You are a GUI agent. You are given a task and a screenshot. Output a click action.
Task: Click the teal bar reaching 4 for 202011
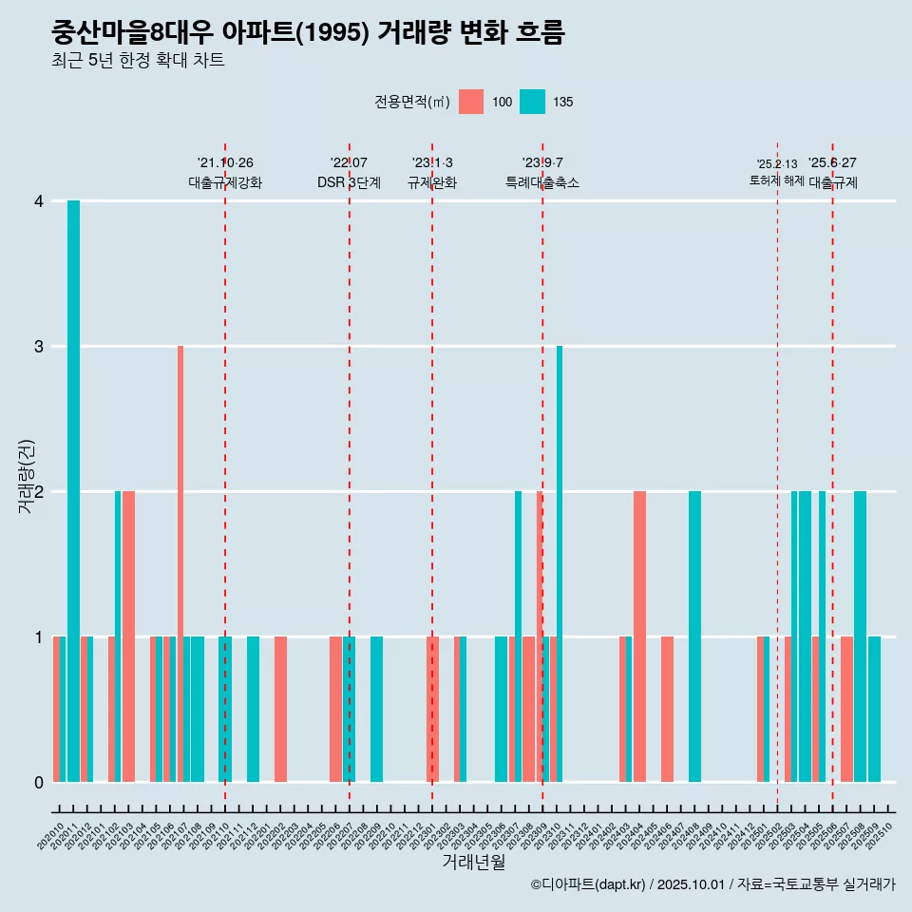pyautogui.click(x=73, y=490)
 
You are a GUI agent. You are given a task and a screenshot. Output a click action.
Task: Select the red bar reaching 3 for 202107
pyautogui.click(x=180, y=563)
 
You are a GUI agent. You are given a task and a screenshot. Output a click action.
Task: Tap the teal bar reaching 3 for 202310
pyautogui.click(x=560, y=563)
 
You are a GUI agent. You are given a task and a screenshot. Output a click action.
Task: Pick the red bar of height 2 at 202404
pyautogui.click(x=639, y=636)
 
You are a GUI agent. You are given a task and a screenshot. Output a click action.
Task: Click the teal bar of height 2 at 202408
pyautogui.click(x=694, y=636)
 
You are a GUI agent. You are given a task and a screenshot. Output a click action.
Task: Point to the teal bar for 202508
pyautogui.click(x=860, y=636)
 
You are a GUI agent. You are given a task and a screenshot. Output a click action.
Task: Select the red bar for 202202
pyautogui.click(x=280, y=709)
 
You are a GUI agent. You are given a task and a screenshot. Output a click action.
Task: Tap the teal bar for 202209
pyautogui.click(x=376, y=709)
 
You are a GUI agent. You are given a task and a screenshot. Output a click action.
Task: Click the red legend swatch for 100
pyautogui.click(x=471, y=102)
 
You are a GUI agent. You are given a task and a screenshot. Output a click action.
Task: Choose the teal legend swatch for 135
pyautogui.click(x=533, y=102)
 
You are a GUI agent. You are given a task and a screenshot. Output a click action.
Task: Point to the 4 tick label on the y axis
pyautogui.click(x=39, y=201)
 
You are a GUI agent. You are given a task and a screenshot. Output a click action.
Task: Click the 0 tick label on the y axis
pyautogui.click(x=39, y=783)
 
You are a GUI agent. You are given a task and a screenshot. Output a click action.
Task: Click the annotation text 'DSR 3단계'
pyautogui.click(x=349, y=182)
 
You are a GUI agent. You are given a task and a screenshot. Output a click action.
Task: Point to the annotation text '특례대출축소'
pyautogui.click(x=542, y=182)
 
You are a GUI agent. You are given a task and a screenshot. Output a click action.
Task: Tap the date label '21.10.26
pyautogui.click(x=225, y=162)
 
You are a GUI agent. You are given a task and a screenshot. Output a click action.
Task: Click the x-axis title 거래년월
pyautogui.click(x=473, y=863)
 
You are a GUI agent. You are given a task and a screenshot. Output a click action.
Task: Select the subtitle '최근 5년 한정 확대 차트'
pyautogui.click(x=138, y=61)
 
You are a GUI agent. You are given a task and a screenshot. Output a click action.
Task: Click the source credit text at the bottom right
pyautogui.click(x=712, y=884)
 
